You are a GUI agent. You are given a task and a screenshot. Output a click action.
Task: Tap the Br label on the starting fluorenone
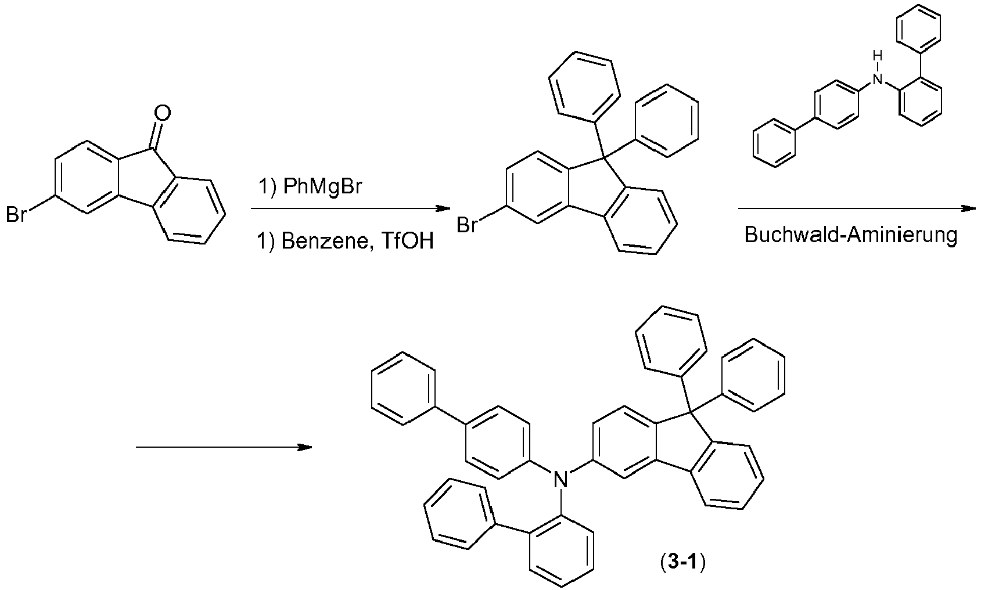[16, 215]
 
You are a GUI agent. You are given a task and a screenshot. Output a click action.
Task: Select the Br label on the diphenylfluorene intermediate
[468, 224]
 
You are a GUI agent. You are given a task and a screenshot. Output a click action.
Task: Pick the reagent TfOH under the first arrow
[409, 240]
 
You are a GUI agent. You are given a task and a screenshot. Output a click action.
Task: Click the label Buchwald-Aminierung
[851, 235]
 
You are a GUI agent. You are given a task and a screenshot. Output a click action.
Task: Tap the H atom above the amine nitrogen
[877, 57]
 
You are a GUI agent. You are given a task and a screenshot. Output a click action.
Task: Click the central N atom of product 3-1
[559, 479]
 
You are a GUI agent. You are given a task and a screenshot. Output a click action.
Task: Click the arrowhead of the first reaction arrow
[444, 209]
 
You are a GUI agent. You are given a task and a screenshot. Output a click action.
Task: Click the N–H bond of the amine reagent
[877, 67]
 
